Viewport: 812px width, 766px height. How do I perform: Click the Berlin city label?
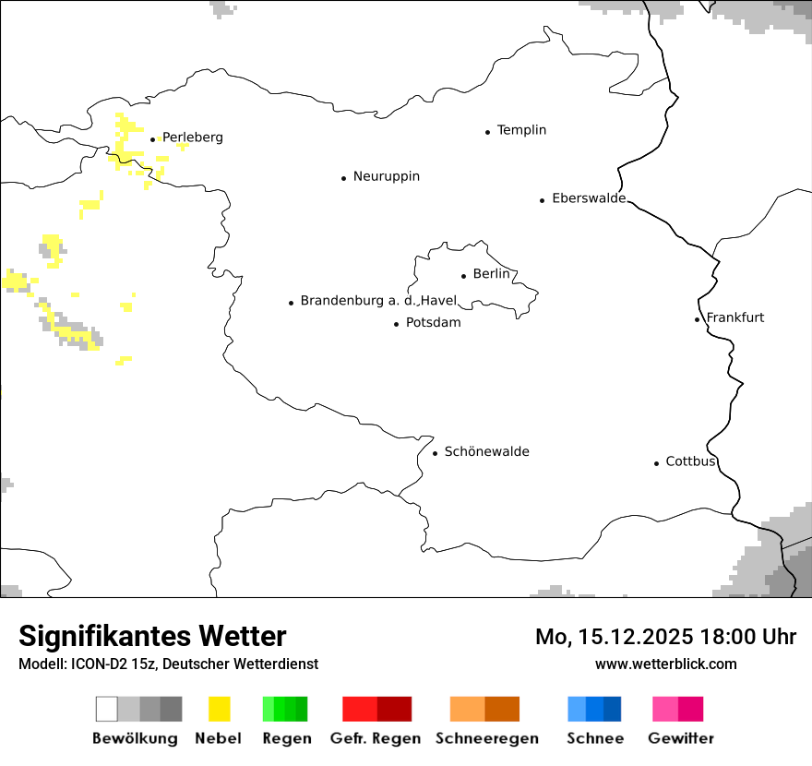[x=491, y=274]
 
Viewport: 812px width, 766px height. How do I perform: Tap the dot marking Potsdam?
[x=397, y=324]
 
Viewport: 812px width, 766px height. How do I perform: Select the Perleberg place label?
[x=193, y=138]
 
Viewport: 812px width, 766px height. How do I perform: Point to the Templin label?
[x=521, y=130]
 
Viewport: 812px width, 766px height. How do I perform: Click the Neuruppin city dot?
[x=344, y=178]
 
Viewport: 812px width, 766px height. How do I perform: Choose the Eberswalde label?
[x=589, y=198]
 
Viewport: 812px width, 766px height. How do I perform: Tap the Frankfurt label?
[x=735, y=317]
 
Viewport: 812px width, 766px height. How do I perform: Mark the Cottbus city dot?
[x=657, y=463]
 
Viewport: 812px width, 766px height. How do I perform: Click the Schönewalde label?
[x=487, y=452]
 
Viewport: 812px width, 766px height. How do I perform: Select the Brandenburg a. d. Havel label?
[x=378, y=301]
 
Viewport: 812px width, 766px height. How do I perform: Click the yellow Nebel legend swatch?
[x=220, y=709]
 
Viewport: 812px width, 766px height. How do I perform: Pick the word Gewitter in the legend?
[x=681, y=738]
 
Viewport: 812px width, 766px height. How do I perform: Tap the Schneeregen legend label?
[x=487, y=738]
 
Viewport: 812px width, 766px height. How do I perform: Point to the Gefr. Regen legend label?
[x=376, y=738]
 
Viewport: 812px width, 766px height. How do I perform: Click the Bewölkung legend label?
[x=135, y=738]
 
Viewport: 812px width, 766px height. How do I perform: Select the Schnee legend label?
[x=595, y=738]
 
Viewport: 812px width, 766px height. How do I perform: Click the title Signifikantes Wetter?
[x=152, y=637]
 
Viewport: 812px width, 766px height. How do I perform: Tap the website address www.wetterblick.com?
[x=666, y=664]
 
